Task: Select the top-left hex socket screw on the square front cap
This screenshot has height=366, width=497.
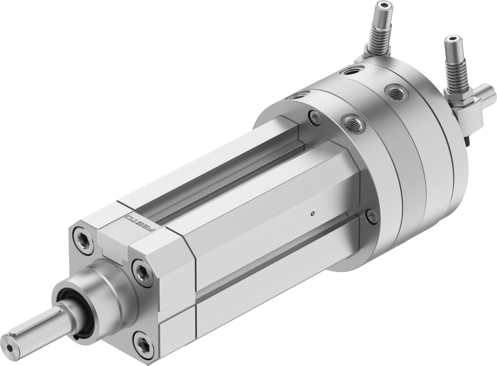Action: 82,238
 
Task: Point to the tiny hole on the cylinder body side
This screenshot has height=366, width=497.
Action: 313,213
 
